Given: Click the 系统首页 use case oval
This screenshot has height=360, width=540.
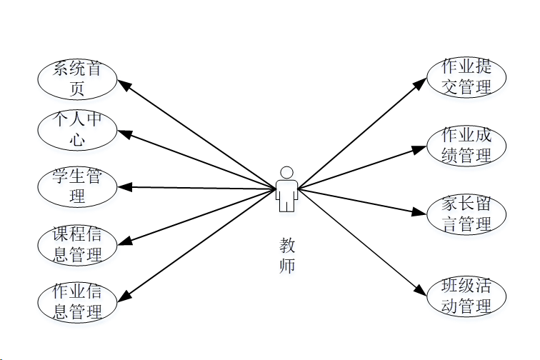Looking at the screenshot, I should point(77,79).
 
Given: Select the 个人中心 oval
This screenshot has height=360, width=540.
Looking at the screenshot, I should point(77,130).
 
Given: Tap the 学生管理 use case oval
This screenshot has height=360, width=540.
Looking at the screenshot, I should point(77,186).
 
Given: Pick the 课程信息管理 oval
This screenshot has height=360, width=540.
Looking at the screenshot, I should point(77,244).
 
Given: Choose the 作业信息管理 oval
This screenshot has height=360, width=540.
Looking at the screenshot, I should point(77,301).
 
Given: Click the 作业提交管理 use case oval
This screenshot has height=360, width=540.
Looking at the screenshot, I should point(466,77).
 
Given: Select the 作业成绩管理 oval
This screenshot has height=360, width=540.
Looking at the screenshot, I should point(466,146).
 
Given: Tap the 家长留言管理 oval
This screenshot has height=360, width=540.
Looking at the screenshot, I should point(466,214).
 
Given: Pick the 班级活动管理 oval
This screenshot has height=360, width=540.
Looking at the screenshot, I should point(466,297).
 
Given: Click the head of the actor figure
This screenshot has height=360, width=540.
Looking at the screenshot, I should point(286,173).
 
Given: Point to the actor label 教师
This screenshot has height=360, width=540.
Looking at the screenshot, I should point(286,256).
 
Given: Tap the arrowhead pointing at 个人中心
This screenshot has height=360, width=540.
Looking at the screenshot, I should point(125,133).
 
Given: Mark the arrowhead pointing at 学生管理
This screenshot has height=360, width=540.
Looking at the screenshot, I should point(125,187).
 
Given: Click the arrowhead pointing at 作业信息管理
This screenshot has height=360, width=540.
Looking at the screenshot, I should point(125,296).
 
